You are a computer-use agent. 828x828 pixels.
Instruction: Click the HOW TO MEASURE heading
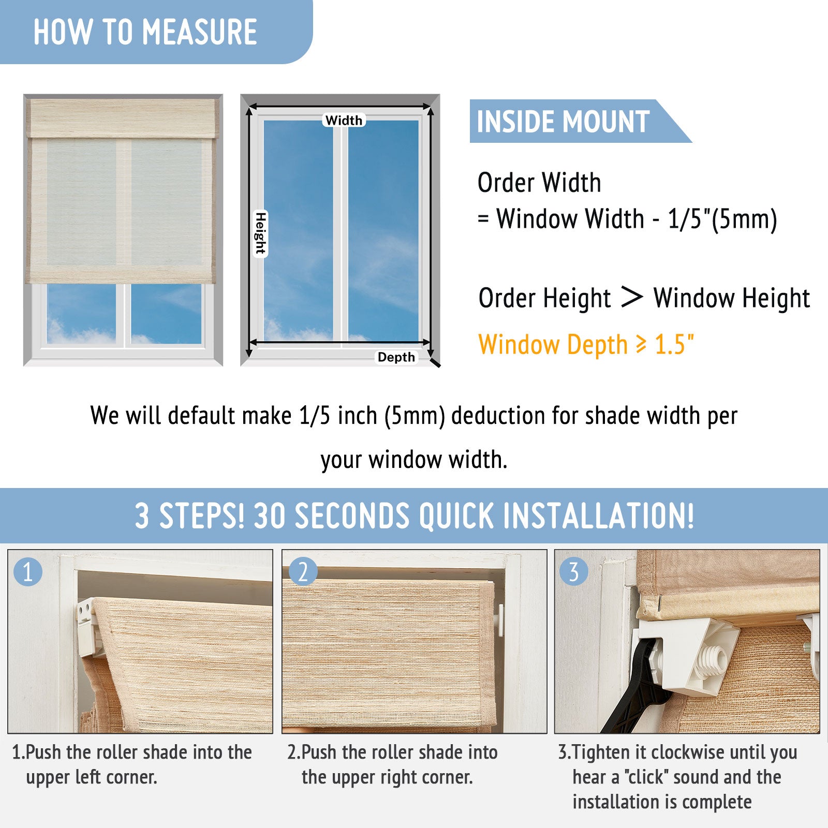tap(145, 32)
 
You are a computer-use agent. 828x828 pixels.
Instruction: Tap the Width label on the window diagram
tap(344, 120)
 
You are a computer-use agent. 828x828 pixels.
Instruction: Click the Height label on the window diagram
tap(260, 233)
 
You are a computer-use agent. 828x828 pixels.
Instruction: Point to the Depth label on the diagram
tap(396, 357)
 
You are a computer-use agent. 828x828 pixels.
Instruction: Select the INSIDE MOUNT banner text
tap(563, 122)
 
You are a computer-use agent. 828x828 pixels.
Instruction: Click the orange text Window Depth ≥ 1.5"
tap(586, 344)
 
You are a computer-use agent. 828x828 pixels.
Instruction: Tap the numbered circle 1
tap(28, 572)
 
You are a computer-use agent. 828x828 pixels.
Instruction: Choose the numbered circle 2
tap(303, 572)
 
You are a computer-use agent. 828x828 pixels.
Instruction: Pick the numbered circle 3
tap(574, 572)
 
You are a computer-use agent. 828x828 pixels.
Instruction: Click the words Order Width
tap(539, 183)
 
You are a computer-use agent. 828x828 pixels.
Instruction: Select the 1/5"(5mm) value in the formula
tap(722, 219)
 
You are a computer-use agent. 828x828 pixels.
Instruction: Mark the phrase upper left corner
tap(92, 777)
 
